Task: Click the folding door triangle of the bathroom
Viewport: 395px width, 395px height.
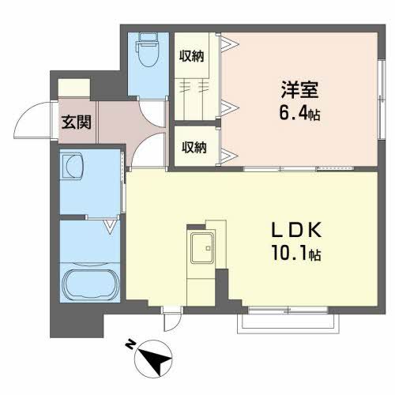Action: click(112, 228)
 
